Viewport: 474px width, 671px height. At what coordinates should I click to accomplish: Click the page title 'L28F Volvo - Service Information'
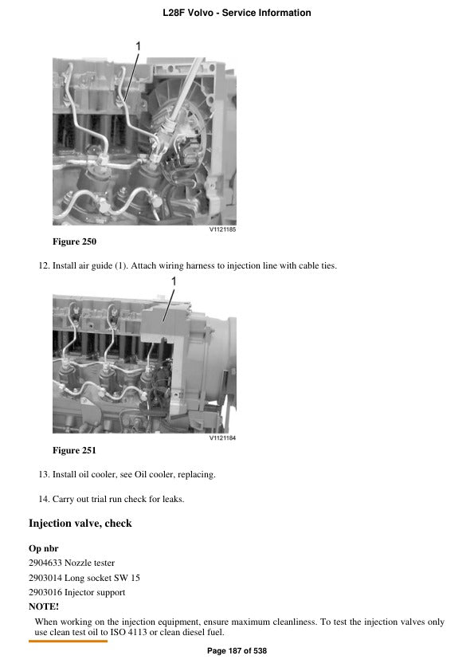[x=237, y=13]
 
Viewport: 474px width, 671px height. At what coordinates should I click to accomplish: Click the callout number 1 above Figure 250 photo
[x=138, y=47]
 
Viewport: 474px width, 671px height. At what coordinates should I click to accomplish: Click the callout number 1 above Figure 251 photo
[x=174, y=281]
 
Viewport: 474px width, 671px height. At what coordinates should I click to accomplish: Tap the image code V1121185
[x=222, y=230]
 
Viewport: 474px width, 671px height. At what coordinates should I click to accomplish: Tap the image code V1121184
[x=222, y=438]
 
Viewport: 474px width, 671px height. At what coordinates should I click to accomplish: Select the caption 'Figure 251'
[x=74, y=450]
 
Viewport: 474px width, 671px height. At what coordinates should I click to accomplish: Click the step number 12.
[x=44, y=265]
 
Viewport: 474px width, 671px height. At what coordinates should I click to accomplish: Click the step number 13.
[x=44, y=475]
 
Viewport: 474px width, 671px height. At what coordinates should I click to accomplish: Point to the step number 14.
[x=44, y=499]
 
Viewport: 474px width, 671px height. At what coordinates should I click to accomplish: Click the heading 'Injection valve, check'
[x=80, y=524]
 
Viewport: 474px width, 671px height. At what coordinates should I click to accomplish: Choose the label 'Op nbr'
[x=43, y=548]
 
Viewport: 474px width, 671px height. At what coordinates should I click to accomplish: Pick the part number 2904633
[x=45, y=563]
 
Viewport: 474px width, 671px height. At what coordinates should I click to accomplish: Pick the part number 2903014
[x=45, y=578]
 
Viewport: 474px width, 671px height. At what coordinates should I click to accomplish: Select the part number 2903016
[x=45, y=592]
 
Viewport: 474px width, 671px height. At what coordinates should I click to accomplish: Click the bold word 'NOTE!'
[x=44, y=606]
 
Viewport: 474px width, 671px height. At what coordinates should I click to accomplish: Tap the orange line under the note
[x=68, y=640]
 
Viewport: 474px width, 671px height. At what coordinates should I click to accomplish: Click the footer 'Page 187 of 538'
[x=237, y=651]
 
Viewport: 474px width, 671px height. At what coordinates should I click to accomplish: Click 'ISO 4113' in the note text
[x=166, y=633]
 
